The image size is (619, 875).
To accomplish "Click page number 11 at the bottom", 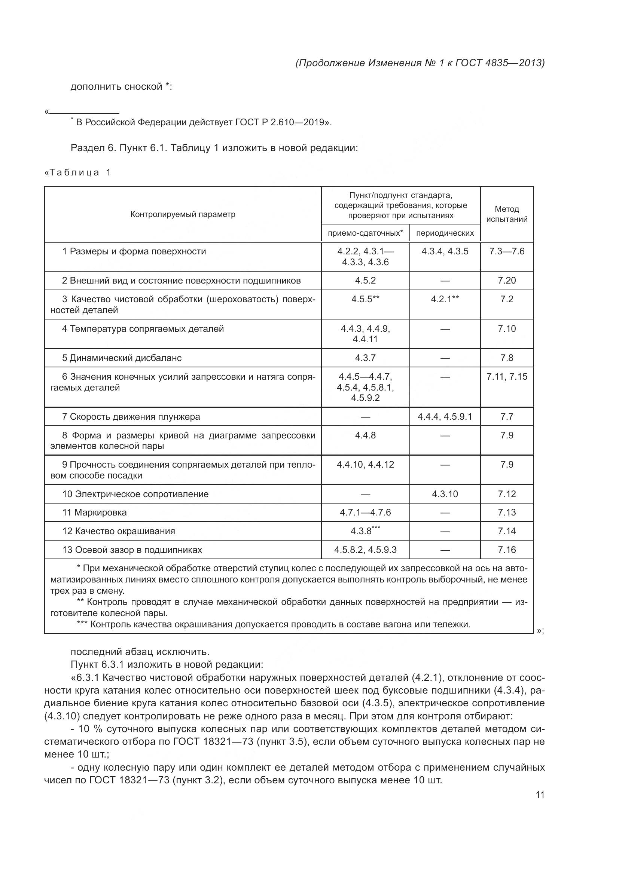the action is [540, 795].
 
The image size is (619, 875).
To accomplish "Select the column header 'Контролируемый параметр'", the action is [183, 214].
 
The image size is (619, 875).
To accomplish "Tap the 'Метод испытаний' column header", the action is [507, 214].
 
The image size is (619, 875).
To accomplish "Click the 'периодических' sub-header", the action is [445, 233].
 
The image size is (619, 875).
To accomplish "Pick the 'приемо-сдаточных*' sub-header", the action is [365, 233].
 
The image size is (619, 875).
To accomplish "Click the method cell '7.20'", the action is [507, 281].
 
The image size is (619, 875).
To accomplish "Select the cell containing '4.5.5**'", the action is [365, 299].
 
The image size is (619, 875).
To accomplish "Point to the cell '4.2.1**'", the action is [445, 299].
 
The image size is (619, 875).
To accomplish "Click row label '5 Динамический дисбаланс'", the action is [122, 358].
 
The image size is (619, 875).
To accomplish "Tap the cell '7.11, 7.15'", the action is [507, 377].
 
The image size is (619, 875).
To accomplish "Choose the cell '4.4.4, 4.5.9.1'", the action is [445, 416].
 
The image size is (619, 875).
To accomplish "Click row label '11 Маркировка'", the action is [95, 512].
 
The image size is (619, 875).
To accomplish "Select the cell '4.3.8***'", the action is [365, 530].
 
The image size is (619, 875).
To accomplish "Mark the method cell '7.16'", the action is [507, 550].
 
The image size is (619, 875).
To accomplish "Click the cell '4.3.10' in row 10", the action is [445, 494].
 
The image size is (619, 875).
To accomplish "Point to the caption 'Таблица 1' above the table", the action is [78, 172].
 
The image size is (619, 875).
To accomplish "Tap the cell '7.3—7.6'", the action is [507, 251].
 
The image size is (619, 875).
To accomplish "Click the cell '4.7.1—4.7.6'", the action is [365, 512].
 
